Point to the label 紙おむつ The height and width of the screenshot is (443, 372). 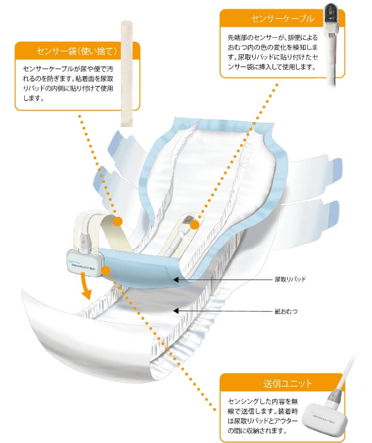(x=285, y=311)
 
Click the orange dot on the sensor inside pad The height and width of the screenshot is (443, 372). (x=194, y=224)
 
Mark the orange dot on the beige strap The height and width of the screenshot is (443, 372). (x=117, y=222)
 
